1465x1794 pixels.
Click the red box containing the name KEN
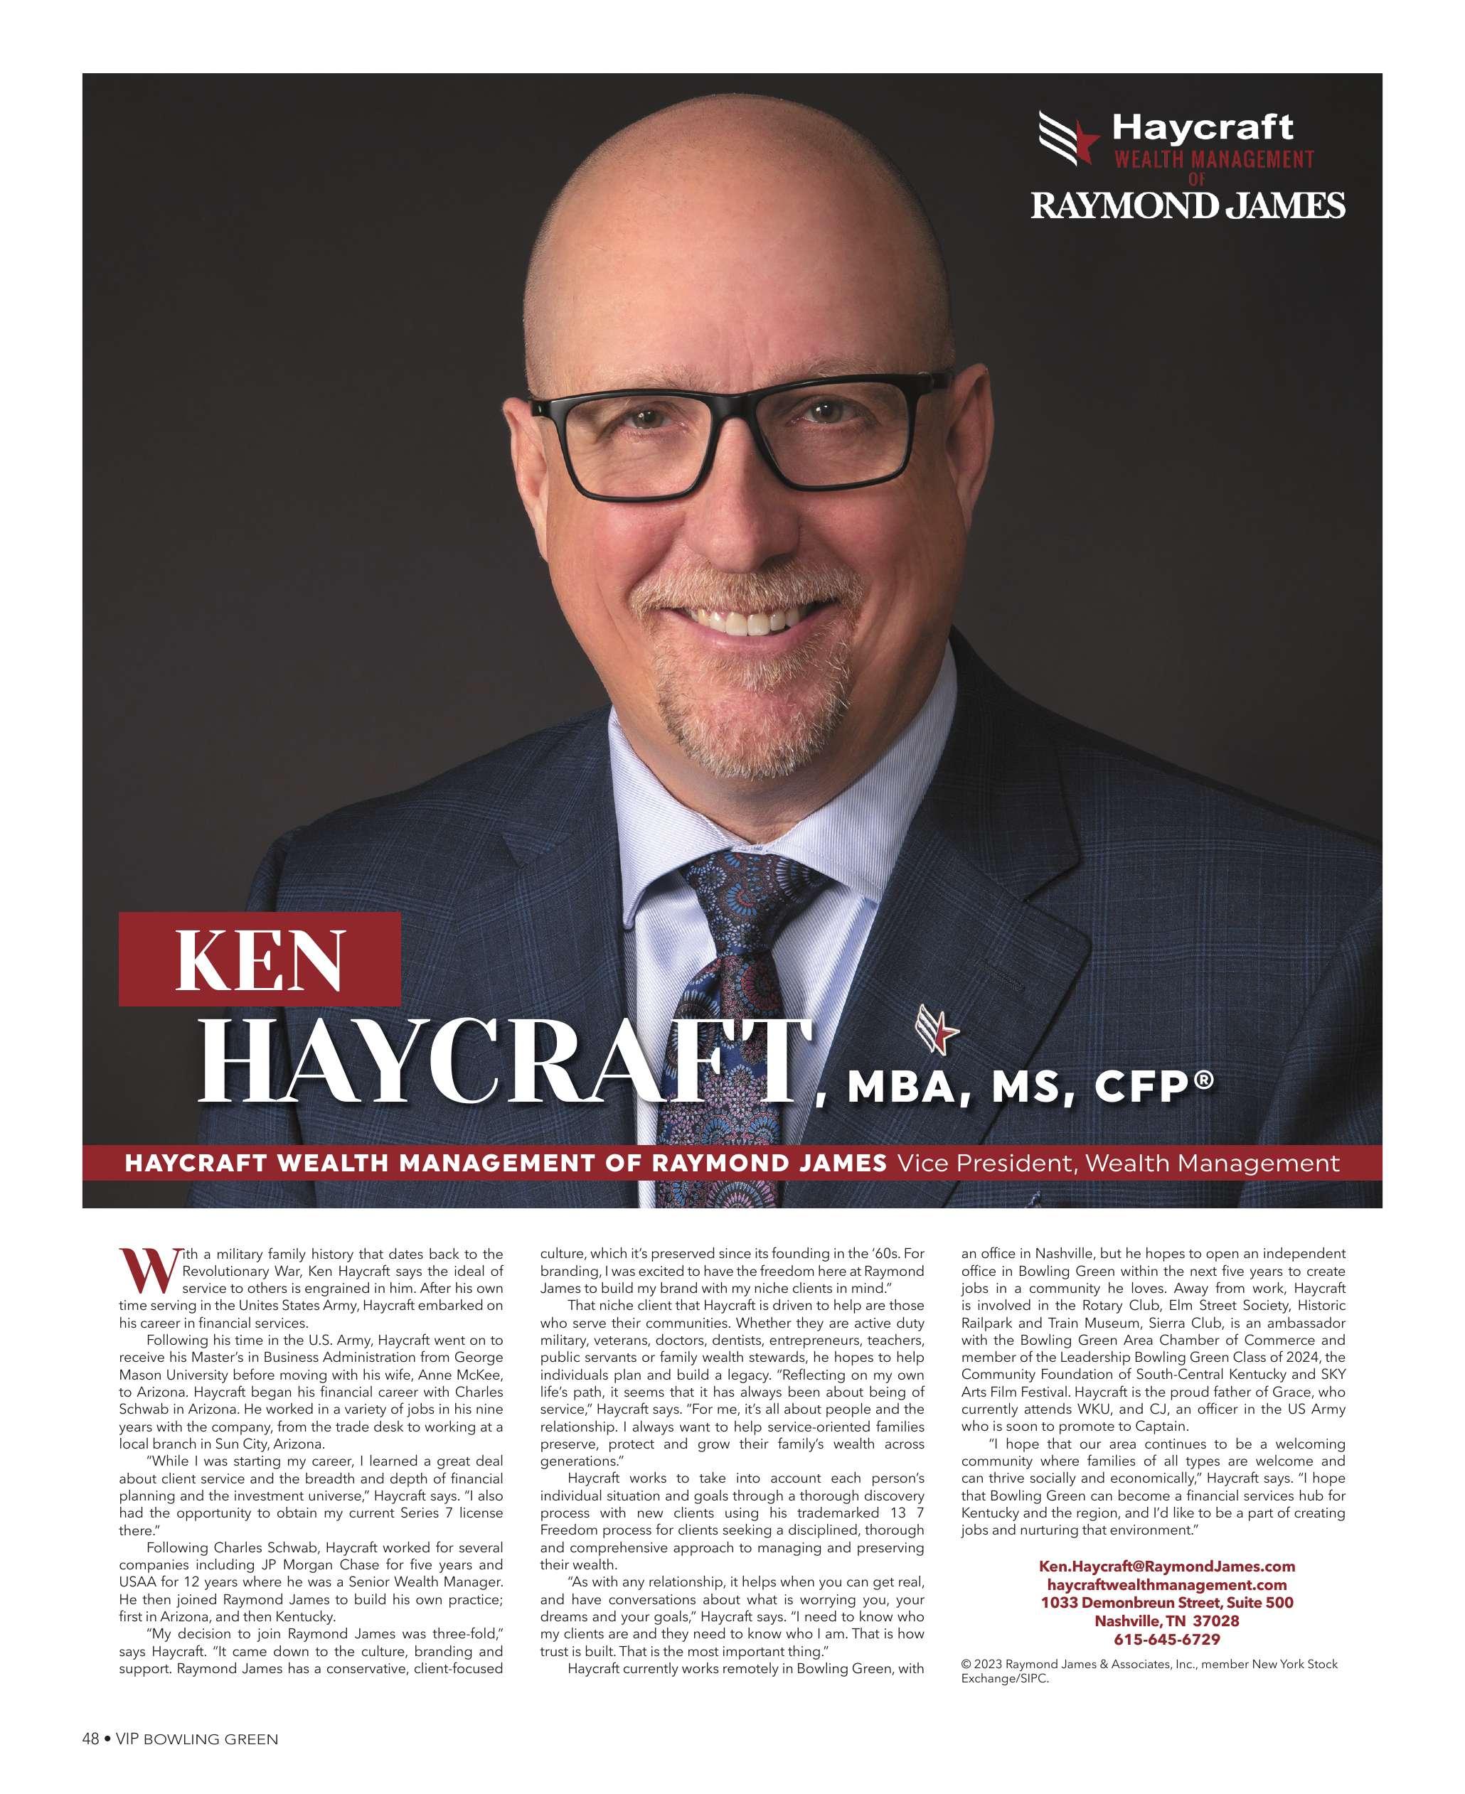pos(259,959)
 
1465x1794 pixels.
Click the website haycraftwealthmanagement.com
pos(1166,1585)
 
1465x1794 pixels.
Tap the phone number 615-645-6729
pos(1166,1640)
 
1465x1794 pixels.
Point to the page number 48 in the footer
pos(90,1739)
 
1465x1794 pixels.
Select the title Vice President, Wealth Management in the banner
pos(1117,1164)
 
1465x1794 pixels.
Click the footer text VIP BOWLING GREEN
pos(196,1739)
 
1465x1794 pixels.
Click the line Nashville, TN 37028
pos(1166,1621)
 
